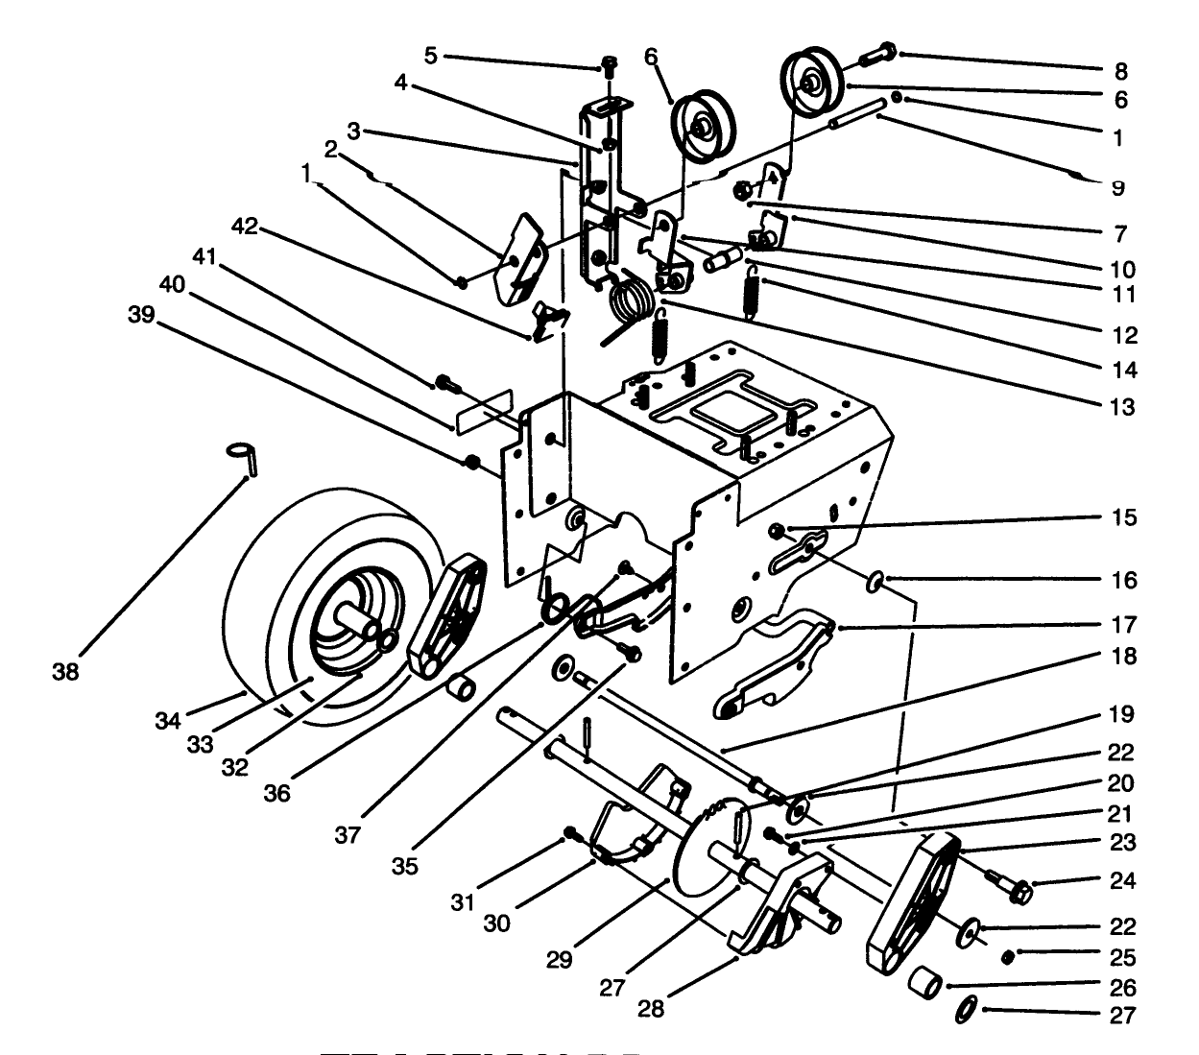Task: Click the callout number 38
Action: [65, 673]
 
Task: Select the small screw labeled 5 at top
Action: [609, 65]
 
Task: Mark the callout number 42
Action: [245, 227]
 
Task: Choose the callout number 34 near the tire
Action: [168, 718]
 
